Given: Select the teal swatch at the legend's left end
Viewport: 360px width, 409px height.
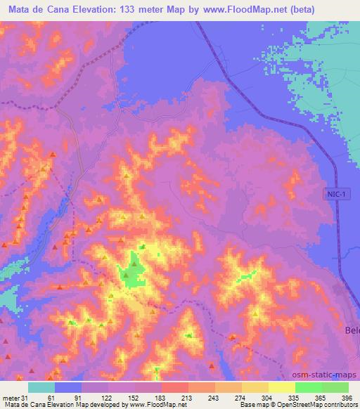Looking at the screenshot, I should pyautogui.click(x=41, y=387).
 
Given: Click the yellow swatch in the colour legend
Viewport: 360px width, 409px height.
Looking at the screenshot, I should pyautogui.click(x=281, y=387).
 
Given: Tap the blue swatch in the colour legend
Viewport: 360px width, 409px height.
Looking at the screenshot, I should pyautogui.click(x=68, y=387).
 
